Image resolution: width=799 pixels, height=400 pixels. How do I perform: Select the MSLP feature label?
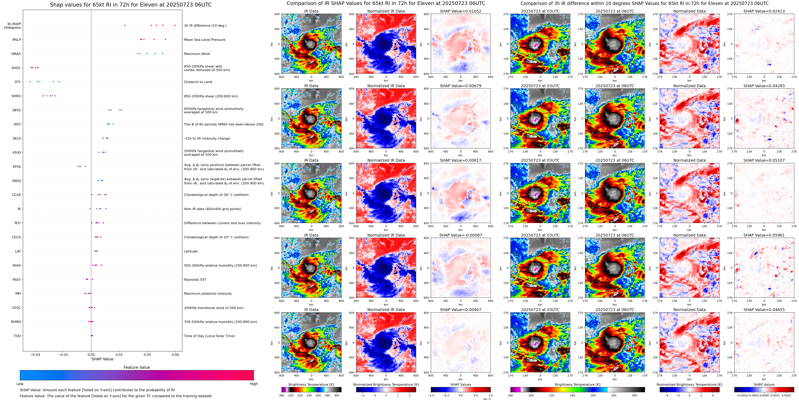tap(17, 40)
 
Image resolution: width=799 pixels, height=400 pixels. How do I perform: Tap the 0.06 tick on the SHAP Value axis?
tap(175, 355)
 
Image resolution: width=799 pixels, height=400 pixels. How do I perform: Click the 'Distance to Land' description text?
tap(198, 82)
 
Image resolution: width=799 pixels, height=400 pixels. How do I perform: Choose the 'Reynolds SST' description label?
tap(195, 280)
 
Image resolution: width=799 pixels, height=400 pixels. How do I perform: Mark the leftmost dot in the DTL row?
tap(30, 82)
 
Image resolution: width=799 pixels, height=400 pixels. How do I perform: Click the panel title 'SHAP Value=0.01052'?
tap(460, 11)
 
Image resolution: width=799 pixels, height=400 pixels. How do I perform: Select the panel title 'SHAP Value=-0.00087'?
tap(460, 235)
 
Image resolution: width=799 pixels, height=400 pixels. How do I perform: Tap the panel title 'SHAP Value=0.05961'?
tap(764, 235)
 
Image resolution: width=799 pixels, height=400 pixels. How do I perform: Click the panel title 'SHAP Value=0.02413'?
tap(764, 11)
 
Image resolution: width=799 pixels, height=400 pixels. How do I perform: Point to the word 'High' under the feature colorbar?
tap(253, 384)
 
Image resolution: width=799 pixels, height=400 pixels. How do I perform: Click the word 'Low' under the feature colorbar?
tap(20, 384)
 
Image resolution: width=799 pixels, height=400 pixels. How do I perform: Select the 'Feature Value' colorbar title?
tap(137, 367)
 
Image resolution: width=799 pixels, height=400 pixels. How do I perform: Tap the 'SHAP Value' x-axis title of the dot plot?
tap(102, 359)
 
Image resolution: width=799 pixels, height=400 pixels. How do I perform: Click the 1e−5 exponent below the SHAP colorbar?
tap(486, 399)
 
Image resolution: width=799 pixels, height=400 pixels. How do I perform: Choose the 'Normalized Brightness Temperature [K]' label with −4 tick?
tap(689, 384)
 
